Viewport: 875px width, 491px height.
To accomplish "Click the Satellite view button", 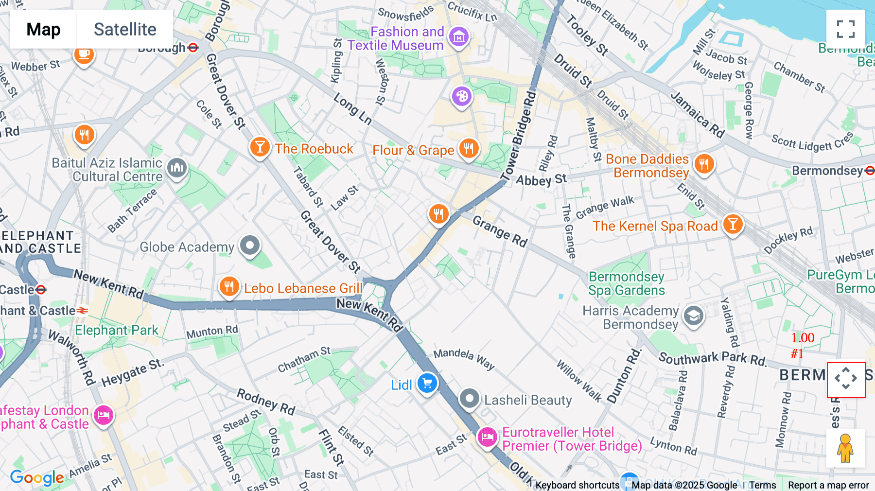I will click(x=125, y=29).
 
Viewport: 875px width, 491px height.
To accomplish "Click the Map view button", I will click(x=43, y=29).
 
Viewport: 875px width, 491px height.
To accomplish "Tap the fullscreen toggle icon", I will click(x=845, y=29).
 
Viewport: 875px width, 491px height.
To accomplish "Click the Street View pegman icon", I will click(x=845, y=448).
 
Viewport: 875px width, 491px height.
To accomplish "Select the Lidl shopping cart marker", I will click(x=427, y=384).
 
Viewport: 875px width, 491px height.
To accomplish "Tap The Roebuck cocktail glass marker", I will click(x=260, y=146).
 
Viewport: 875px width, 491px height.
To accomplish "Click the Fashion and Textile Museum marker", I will click(x=459, y=36).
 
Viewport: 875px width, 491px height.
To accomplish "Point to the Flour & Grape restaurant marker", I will click(x=469, y=148).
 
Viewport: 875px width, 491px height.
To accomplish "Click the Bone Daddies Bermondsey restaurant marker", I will click(x=704, y=164).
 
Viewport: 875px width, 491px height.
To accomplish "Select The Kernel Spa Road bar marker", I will click(x=733, y=225).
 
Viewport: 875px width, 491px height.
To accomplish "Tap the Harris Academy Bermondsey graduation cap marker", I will click(x=694, y=316).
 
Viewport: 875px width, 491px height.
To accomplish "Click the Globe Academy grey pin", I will click(x=250, y=245).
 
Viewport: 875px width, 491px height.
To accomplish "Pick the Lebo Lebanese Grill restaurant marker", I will click(x=229, y=287).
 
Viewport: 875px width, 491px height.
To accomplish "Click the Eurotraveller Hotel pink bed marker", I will click(x=487, y=437).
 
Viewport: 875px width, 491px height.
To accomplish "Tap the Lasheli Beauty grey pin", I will click(x=469, y=399).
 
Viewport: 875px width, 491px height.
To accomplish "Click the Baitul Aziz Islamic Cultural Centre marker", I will click(x=177, y=168).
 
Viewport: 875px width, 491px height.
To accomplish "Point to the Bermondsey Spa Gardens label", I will click(x=626, y=283).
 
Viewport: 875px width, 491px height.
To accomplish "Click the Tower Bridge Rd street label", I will click(x=518, y=136).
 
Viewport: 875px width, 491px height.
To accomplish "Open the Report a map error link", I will click(x=828, y=485).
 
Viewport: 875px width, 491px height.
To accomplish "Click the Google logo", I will click(x=37, y=478).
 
